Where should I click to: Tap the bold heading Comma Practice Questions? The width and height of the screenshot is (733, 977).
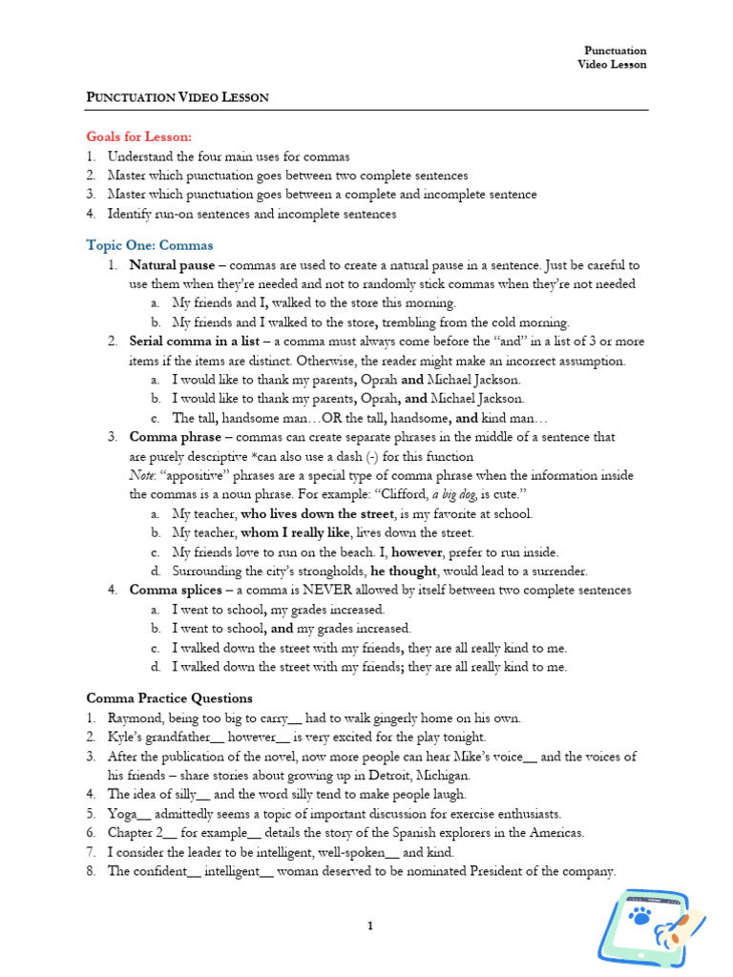tap(169, 698)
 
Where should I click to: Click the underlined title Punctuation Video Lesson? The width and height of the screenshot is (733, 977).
tap(178, 97)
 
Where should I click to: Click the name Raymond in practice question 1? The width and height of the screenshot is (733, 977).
tap(134, 717)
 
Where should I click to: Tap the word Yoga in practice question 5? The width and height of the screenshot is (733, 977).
tap(122, 814)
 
